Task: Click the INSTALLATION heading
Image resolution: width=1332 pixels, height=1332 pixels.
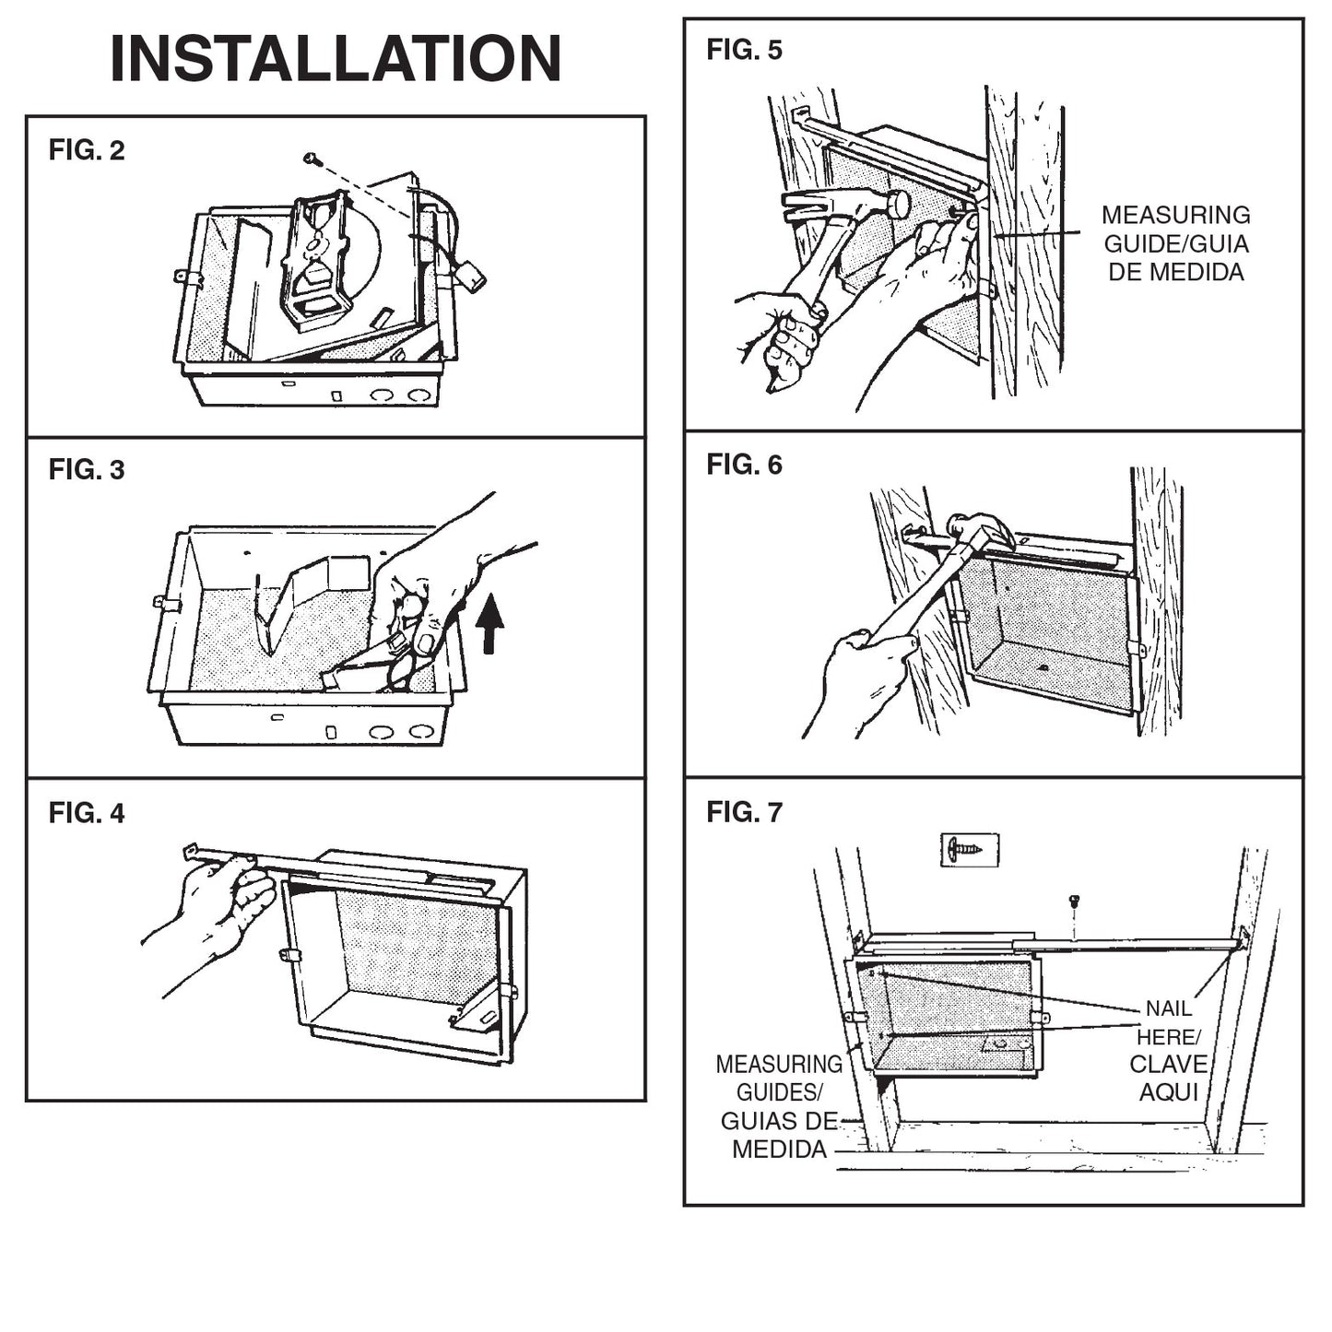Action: click(336, 59)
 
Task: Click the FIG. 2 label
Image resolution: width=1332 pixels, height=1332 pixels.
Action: click(87, 150)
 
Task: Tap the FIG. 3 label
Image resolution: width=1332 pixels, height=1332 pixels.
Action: click(87, 470)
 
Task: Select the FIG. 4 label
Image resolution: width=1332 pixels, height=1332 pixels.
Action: click(87, 813)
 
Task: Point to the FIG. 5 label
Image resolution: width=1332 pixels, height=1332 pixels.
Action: click(744, 50)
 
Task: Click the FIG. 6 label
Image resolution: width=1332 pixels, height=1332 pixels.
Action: click(744, 466)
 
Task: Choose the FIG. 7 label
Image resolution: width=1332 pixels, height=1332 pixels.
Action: click(744, 812)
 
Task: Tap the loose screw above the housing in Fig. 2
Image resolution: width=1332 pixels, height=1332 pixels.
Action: click(312, 159)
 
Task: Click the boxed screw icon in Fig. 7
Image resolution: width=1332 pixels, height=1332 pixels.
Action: click(969, 848)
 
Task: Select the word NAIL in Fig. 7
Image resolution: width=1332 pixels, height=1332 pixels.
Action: click(1168, 1008)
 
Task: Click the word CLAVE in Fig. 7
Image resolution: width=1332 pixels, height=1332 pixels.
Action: click(1168, 1065)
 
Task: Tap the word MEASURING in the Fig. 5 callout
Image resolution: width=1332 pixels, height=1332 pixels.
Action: click(1175, 216)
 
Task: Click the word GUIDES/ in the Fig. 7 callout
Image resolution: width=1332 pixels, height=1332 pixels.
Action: click(779, 1093)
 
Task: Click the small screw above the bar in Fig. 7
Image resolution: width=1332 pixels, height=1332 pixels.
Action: click(1073, 901)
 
